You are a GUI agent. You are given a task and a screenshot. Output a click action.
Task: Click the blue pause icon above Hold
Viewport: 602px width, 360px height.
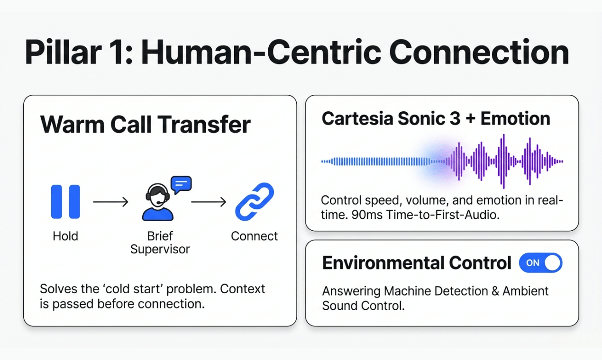pyautogui.click(x=65, y=202)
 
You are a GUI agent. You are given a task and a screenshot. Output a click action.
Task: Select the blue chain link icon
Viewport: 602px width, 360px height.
pyautogui.click(x=255, y=202)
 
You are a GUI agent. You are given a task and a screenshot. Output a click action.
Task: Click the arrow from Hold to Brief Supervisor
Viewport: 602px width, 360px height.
pyautogui.click(x=110, y=202)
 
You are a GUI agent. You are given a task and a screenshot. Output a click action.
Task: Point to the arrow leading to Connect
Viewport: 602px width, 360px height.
pyautogui.click(x=209, y=202)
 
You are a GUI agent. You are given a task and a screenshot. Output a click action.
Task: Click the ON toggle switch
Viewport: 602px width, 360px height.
pyautogui.click(x=540, y=263)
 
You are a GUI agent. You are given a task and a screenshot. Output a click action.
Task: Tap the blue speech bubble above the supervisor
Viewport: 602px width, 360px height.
pyautogui.click(x=181, y=184)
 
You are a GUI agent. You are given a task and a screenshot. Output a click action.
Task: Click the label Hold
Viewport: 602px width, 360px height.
pyautogui.click(x=65, y=236)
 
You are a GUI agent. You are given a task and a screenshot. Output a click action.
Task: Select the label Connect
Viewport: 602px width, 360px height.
pyautogui.click(x=255, y=236)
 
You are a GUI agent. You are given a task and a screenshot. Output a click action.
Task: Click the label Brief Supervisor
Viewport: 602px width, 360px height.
pyautogui.click(x=160, y=242)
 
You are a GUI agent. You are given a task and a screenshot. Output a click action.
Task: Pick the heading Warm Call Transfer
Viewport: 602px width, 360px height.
pyautogui.click(x=145, y=125)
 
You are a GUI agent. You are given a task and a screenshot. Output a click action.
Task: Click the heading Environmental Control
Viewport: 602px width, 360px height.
pyautogui.click(x=417, y=263)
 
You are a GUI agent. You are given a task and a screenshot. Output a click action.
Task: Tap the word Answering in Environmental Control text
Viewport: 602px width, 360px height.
pyautogui.click(x=351, y=291)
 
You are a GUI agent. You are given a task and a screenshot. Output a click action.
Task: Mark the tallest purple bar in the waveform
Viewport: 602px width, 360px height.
pyautogui.click(x=503, y=161)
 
